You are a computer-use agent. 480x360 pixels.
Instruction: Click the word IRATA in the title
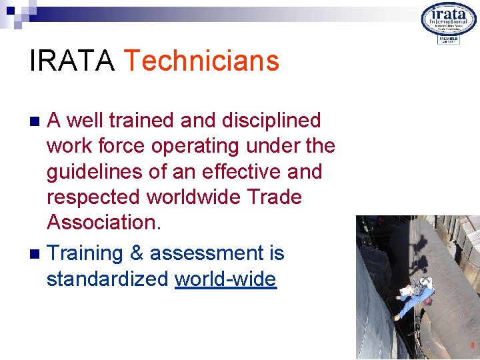(73, 61)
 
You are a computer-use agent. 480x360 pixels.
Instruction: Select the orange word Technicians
(201, 61)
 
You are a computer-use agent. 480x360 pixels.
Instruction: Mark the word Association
(103, 223)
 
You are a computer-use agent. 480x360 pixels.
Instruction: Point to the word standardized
(107, 279)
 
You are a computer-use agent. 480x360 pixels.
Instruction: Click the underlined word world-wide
(225, 279)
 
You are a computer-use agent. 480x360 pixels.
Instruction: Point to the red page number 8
(473, 345)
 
